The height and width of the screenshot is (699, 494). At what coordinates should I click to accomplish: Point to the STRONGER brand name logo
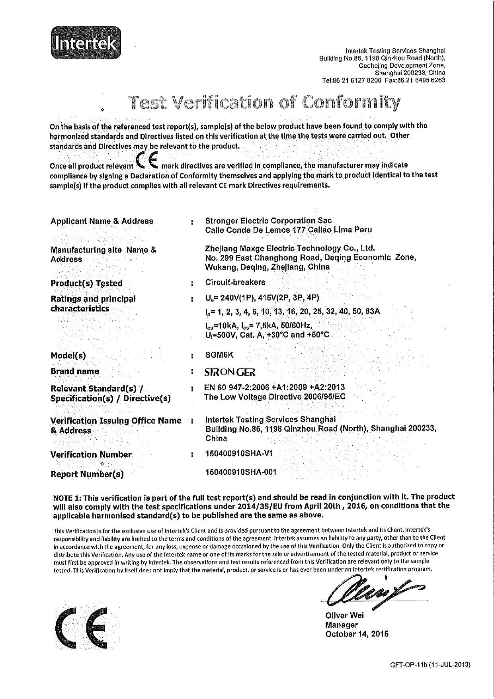pos(230,372)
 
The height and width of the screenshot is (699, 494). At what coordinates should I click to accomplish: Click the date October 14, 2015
pos(357,634)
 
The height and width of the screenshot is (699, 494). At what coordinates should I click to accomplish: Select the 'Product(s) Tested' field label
pos(87,283)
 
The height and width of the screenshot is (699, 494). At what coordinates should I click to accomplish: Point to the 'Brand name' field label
pos(75,371)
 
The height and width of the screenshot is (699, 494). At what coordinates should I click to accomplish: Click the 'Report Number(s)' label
pos(87,474)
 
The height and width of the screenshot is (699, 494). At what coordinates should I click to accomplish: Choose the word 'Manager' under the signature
pos(342,625)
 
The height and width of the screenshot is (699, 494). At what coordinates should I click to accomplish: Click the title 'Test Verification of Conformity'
pos(265,103)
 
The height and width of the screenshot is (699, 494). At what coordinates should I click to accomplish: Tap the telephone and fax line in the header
pos(383,80)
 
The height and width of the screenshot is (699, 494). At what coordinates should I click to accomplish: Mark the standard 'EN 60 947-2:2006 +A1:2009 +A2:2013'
pos(274,387)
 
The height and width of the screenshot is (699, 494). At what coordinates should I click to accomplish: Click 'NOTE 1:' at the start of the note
pos(67,497)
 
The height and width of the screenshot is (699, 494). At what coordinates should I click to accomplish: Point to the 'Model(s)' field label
pos(68,356)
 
